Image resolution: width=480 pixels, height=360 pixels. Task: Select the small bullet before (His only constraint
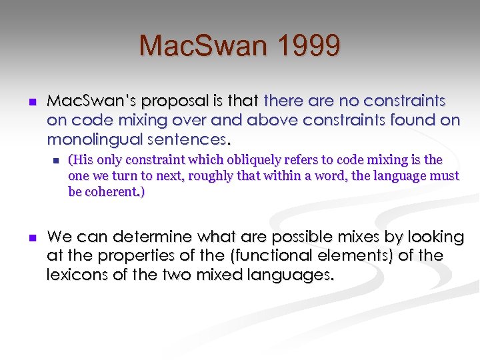pos(56,161)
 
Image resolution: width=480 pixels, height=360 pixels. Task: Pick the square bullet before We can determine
pos(30,237)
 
